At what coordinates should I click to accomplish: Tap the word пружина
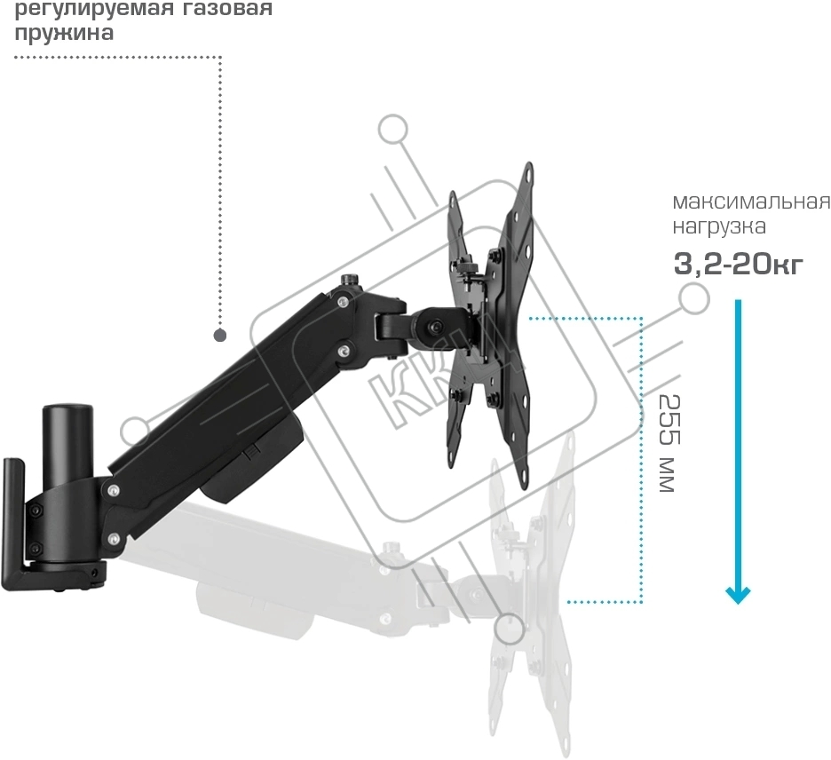pyautogui.click(x=64, y=33)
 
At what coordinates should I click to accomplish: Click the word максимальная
pyautogui.click(x=751, y=202)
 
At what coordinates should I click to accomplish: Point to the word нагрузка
pyautogui.click(x=719, y=226)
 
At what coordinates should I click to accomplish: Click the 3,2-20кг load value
pyautogui.click(x=739, y=264)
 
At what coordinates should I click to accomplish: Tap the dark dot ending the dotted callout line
pyautogui.click(x=220, y=335)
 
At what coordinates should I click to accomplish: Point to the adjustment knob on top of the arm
pyautogui.click(x=349, y=280)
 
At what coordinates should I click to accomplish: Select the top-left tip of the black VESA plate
pyautogui.click(x=453, y=194)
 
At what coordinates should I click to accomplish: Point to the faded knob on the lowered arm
pyautogui.click(x=392, y=547)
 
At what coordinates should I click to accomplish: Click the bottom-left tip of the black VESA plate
pyautogui.click(x=451, y=465)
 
